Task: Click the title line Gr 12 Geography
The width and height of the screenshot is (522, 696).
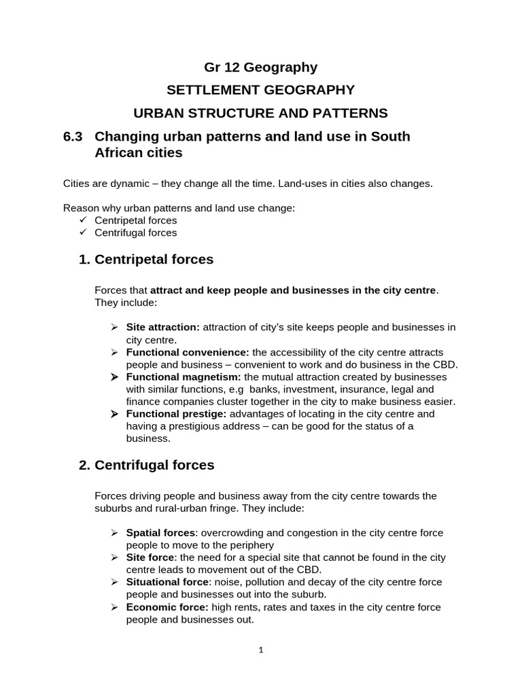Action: point(261,67)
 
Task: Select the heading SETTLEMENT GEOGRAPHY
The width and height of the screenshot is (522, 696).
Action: point(261,90)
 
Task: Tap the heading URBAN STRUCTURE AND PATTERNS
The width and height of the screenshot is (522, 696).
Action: point(261,112)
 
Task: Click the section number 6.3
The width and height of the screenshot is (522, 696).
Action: point(72,136)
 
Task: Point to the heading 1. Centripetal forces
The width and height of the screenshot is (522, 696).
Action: point(146,260)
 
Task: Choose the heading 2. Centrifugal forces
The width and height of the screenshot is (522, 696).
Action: point(146,466)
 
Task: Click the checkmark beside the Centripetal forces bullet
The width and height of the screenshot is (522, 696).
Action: point(83,221)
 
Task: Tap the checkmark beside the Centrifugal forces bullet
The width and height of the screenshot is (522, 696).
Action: point(83,232)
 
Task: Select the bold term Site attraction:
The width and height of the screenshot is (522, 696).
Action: point(163,328)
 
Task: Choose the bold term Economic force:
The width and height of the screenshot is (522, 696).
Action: point(167,607)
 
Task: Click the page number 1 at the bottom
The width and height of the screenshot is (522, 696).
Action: point(261,650)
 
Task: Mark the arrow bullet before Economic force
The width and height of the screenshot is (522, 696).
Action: point(115,607)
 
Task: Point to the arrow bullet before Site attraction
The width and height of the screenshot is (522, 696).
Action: point(115,328)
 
